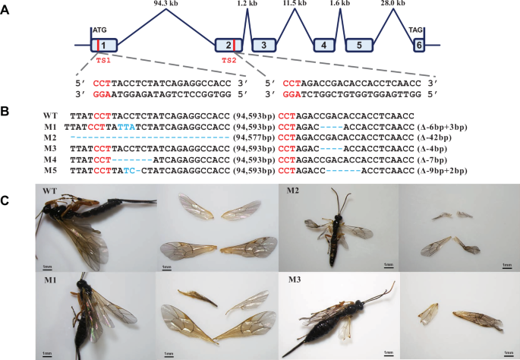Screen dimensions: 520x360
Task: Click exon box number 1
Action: point(104,45)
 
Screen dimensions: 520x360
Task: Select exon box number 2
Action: point(228,45)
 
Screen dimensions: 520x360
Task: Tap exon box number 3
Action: point(263,45)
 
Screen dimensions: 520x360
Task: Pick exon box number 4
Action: point(324,45)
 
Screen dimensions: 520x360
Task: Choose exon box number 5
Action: point(360,45)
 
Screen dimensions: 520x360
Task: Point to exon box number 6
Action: point(419,45)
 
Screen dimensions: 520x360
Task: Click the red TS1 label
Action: point(103,61)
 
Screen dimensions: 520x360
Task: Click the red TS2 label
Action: point(229,61)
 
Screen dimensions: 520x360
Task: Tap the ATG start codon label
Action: point(99,30)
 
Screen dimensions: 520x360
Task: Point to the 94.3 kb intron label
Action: point(166,3)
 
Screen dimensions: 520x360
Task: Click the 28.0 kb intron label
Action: point(393,3)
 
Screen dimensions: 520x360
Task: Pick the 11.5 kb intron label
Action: point(295,3)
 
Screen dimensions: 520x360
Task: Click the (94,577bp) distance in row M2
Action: point(254,137)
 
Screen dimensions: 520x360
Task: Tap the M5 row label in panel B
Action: point(50,171)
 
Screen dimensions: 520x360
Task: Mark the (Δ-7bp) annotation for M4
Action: point(432,160)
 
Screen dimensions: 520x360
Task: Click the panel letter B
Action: point(5,112)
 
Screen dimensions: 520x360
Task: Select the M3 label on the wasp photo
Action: point(295,279)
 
